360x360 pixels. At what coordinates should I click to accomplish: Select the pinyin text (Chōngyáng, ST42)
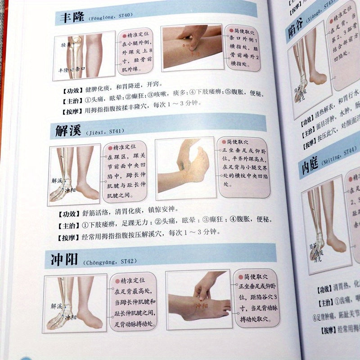click(108, 261)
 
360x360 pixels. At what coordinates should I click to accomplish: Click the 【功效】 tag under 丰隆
click(68, 84)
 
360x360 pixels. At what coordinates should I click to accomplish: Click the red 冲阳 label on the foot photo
click(202, 306)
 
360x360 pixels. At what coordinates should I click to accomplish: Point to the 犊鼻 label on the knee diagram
click(67, 45)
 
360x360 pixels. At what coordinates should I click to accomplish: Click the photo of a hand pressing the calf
click(191, 47)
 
